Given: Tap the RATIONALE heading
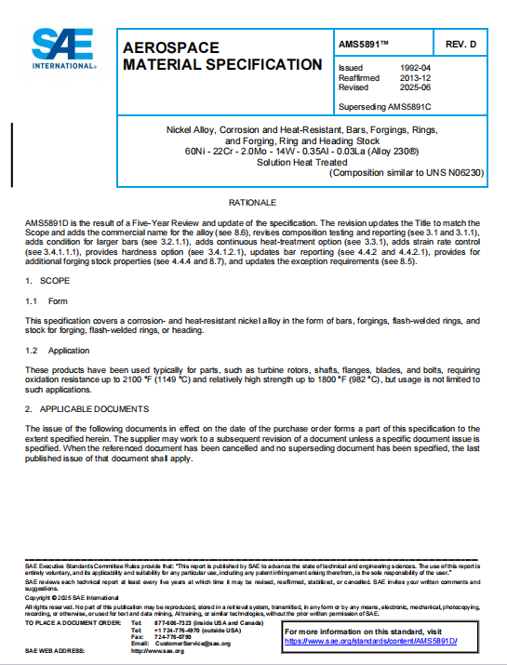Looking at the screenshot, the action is pos(252,202).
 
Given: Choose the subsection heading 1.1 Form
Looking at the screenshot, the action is pos(47,300).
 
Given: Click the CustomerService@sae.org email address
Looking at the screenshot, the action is pos(193,643).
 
